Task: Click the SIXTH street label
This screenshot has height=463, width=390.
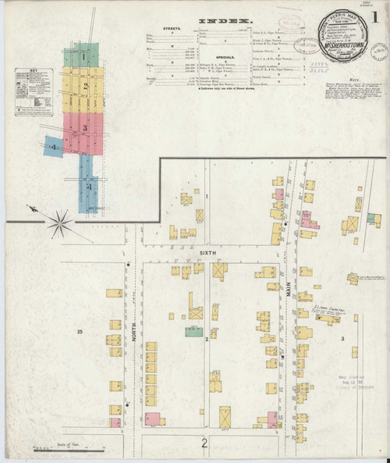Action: (x=207, y=255)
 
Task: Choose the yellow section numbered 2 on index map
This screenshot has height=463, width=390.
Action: (x=85, y=85)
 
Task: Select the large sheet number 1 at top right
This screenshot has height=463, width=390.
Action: (x=377, y=16)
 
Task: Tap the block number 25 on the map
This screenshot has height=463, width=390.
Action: (x=80, y=333)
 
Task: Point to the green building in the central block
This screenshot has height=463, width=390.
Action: (x=193, y=332)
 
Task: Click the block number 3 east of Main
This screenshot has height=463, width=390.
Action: (x=342, y=338)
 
